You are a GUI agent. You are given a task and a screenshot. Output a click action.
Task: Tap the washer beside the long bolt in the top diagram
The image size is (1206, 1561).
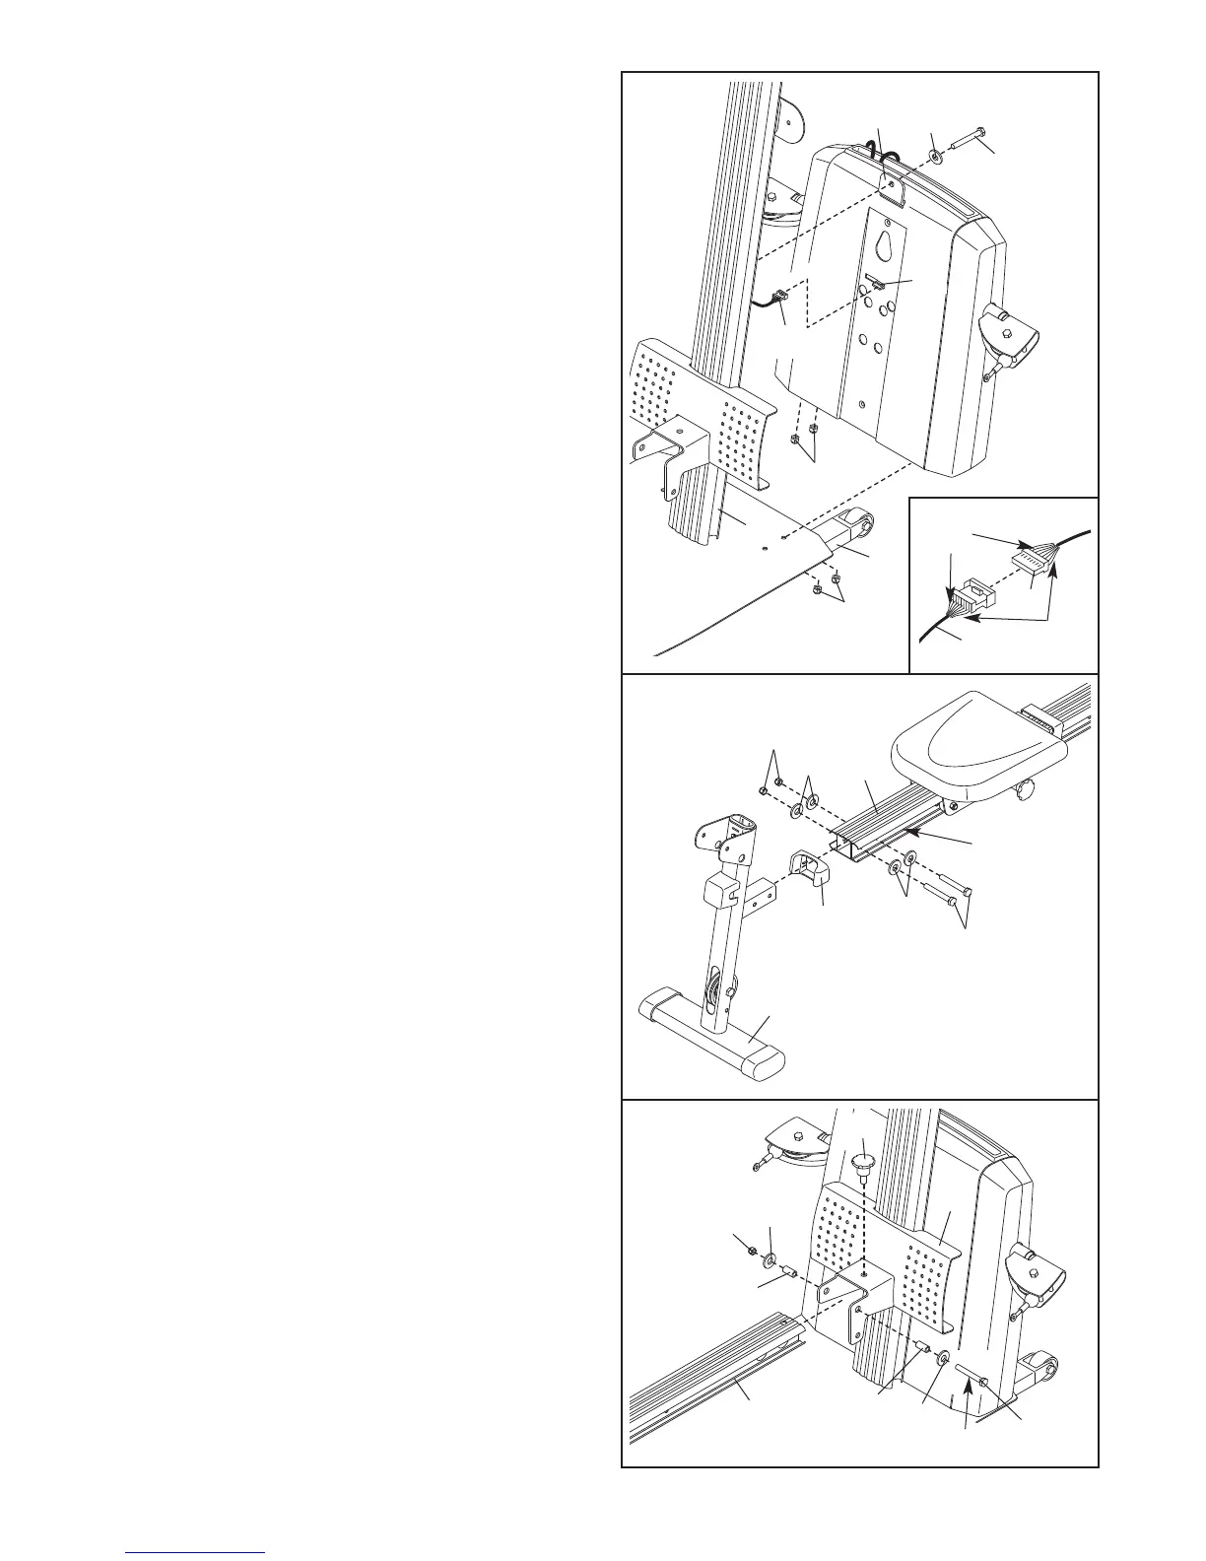(934, 156)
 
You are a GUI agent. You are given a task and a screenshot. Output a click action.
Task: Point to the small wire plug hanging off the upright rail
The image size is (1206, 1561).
(779, 294)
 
